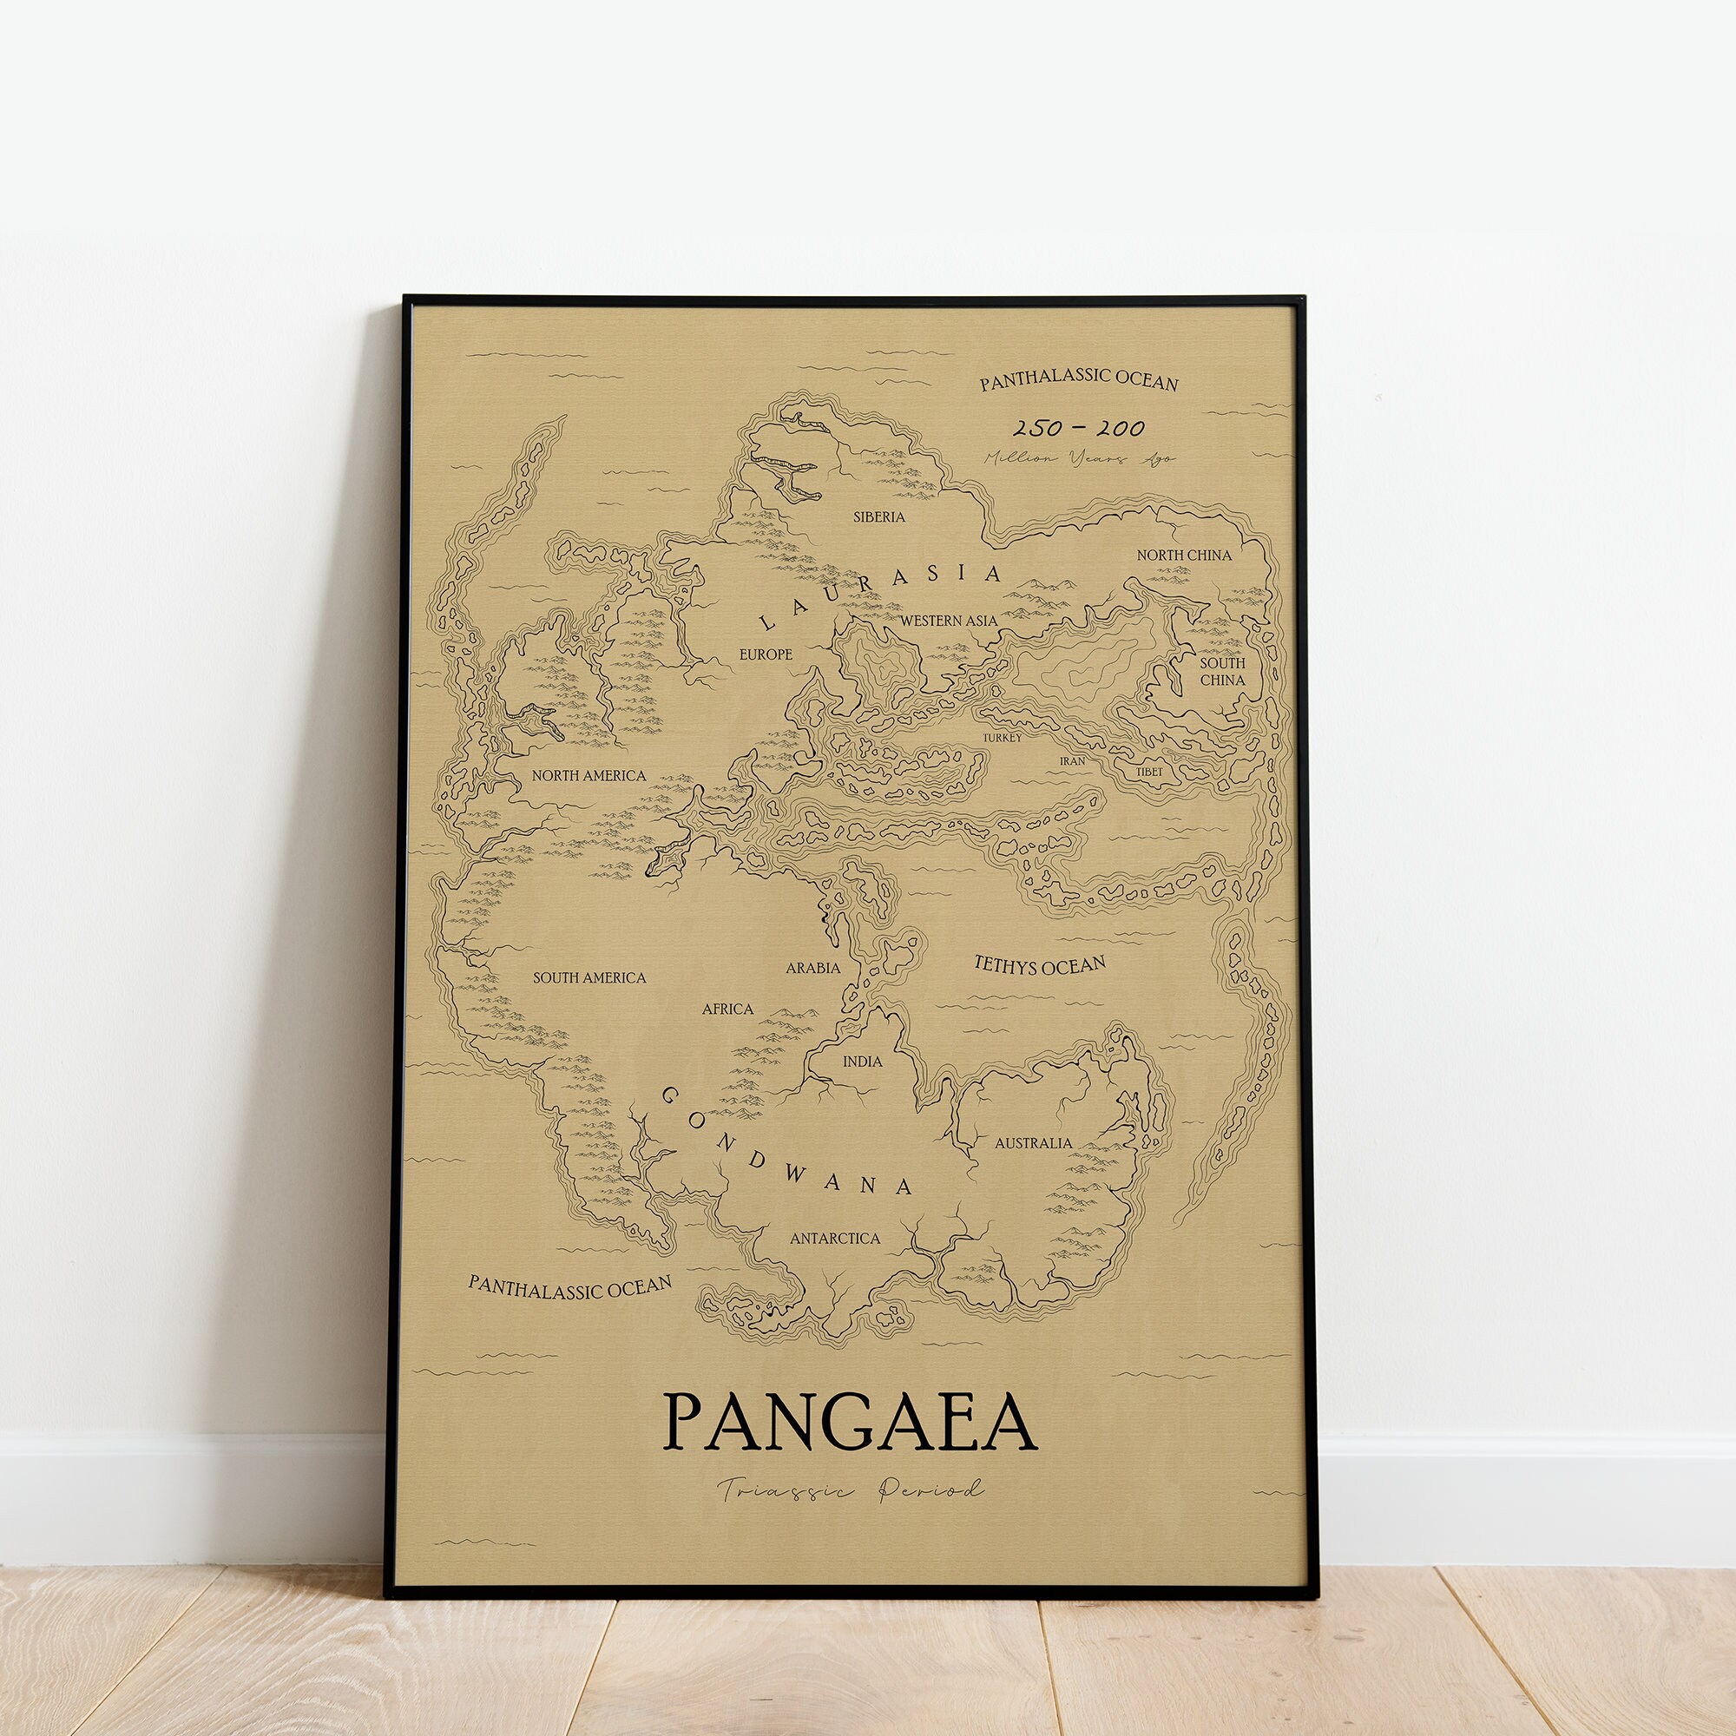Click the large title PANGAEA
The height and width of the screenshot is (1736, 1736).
[x=849, y=1423]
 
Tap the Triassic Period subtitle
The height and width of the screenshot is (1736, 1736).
[x=849, y=1489]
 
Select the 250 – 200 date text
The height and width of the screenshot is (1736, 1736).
[x=1078, y=429]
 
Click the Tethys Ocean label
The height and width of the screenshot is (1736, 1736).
[x=1040, y=966]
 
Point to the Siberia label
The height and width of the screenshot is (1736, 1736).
[x=878, y=516]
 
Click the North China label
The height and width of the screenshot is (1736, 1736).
[x=1183, y=556]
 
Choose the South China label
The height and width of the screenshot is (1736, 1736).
[x=1222, y=671]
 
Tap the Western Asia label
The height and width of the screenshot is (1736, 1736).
[x=948, y=620]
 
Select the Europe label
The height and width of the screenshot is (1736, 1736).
[x=766, y=654]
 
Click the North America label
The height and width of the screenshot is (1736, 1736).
[x=589, y=775]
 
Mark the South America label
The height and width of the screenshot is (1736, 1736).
[x=589, y=977]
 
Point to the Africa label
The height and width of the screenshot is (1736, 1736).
[x=728, y=1009]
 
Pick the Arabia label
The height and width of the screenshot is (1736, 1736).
[x=813, y=968]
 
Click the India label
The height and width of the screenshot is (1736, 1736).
[x=862, y=1062]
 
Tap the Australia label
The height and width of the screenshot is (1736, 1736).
[x=1032, y=1143]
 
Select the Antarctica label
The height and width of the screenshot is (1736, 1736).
[x=835, y=1239]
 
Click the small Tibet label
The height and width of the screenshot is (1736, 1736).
[x=1149, y=772]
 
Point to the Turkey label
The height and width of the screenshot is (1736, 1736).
[x=1002, y=738]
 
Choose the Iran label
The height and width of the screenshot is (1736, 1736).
[x=1072, y=761]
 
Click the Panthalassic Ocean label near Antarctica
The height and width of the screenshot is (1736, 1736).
[x=569, y=1287]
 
